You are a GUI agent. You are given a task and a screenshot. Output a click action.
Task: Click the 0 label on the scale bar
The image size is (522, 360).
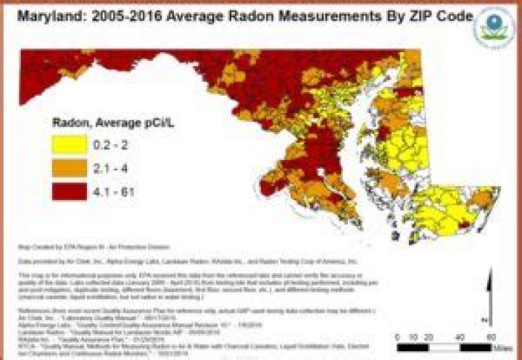(398, 338)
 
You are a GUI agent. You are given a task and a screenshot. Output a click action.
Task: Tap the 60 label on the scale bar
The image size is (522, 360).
(491, 338)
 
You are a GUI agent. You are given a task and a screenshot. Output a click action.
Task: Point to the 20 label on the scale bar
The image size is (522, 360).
(428, 338)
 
